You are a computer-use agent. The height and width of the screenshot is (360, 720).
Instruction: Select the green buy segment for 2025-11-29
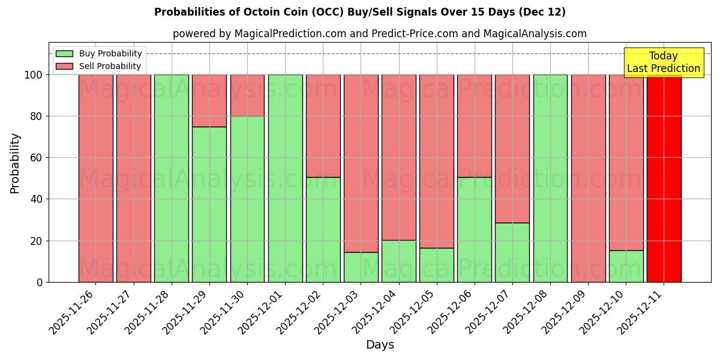pos(209,204)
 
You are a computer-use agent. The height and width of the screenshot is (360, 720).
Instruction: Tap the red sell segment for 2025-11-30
pos(247,95)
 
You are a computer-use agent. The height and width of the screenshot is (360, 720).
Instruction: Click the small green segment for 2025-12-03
pos(361,267)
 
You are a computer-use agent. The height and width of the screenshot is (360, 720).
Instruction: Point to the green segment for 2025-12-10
pos(626,266)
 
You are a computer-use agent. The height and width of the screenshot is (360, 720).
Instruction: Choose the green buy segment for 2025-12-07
pos(512,252)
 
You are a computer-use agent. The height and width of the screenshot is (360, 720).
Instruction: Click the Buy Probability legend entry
pos(99,53)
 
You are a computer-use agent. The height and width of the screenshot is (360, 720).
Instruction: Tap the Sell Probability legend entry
pos(99,66)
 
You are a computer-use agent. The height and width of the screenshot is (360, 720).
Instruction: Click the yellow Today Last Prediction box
pos(663,62)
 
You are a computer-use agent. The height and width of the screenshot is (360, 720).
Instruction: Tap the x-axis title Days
pos(380,345)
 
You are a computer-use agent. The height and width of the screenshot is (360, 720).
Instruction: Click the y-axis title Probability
pos(15,163)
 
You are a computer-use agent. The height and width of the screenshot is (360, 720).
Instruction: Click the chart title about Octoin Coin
pos(359,12)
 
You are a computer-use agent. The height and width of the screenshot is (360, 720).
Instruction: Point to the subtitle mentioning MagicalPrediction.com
pos(379,34)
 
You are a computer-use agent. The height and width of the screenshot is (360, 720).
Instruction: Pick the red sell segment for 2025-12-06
pos(475,126)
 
